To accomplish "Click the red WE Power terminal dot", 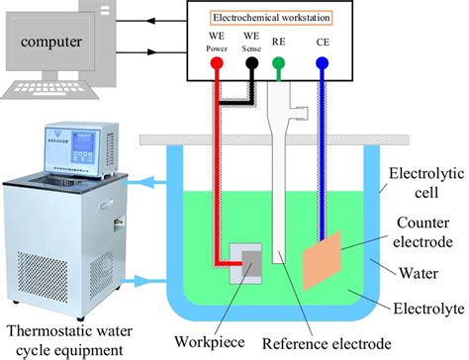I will click(x=216, y=62).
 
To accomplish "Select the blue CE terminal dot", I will click(x=322, y=62).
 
